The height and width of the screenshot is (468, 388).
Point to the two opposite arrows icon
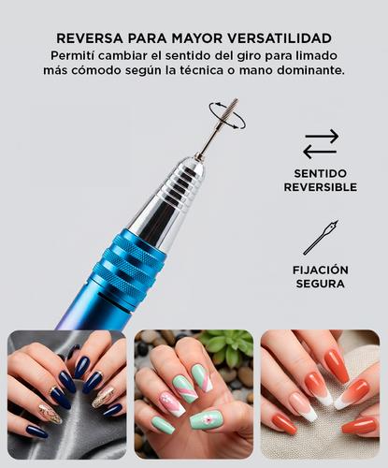coord(321,143)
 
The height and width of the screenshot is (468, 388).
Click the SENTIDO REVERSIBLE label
coord(321,181)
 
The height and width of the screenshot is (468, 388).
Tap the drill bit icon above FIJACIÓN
coord(321,238)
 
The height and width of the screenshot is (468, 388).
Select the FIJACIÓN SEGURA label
coord(321,276)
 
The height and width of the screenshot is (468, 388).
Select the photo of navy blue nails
coord(66,394)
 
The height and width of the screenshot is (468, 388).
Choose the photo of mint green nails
coord(194,394)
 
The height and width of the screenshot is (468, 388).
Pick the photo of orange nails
coord(320,394)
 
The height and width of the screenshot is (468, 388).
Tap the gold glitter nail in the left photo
coord(50,412)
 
